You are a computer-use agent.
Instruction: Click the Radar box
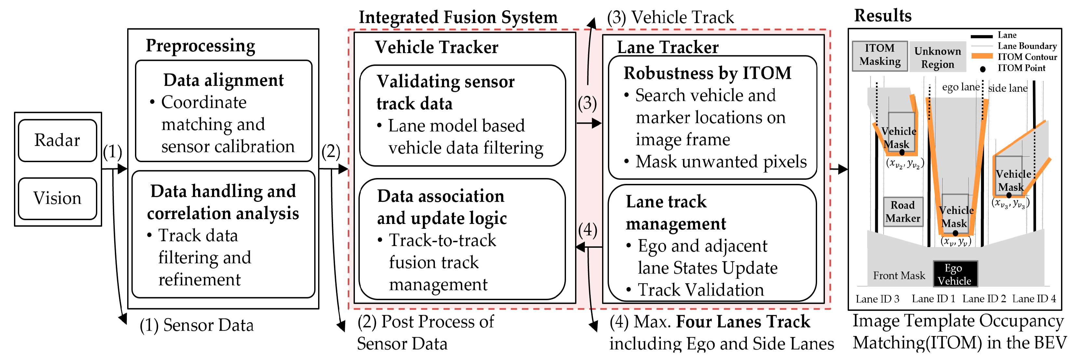(x=58, y=140)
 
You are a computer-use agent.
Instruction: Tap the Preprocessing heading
(x=200, y=46)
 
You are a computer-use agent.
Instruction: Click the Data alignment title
(x=223, y=80)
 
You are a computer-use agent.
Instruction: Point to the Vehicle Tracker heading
(x=436, y=47)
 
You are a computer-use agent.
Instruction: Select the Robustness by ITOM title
(x=707, y=73)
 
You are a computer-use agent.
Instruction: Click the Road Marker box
(x=903, y=212)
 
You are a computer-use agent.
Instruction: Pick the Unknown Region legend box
(x=937, y=57)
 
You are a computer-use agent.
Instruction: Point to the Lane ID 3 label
(x=877, y=299)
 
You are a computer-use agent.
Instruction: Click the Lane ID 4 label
(x=1034, y=299)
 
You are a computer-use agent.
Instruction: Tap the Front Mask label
(x=899, y=276)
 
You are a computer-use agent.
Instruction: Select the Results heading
(x=882, y=16)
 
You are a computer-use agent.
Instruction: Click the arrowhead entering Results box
(x=843, y=169)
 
